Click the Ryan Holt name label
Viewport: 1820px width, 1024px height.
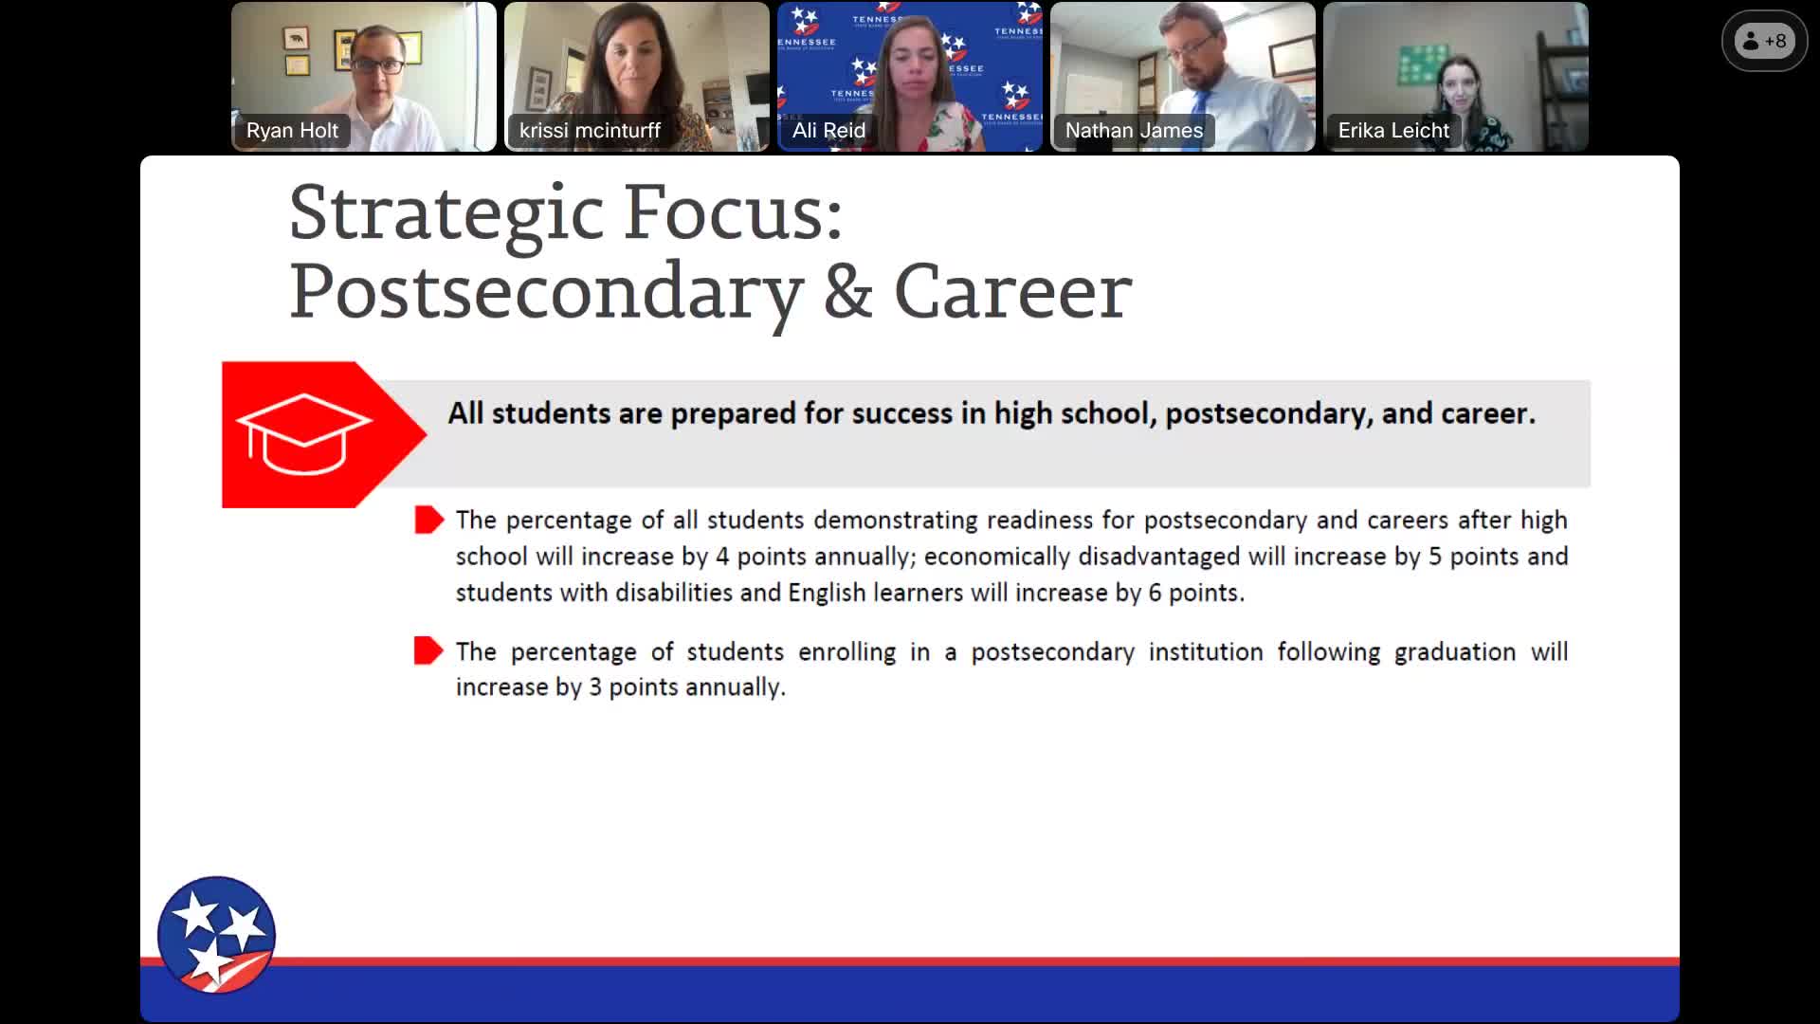click(x=292, y=131)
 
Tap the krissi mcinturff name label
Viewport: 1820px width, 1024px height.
click(x=590, y=131)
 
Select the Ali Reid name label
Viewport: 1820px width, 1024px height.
click(x=828, y=131)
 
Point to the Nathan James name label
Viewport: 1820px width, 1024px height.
click(x=1134, y=131)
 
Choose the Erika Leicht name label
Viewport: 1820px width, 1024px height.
click(x=1393, y=131)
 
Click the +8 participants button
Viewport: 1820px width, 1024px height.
click(x=1764, y=41)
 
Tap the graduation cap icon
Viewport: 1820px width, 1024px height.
click(x=303, y=433)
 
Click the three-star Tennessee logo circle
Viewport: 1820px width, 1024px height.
click(x=216, y=935)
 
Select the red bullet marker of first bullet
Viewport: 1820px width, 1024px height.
click(x=428, y=520)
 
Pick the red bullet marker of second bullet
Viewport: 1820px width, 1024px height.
click(x=428, y=650)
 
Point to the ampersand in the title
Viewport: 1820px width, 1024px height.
click(x=847, y=291)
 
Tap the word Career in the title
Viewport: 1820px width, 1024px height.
click(x=1012, y=291)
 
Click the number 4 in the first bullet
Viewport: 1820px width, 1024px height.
click(x=722, y=557)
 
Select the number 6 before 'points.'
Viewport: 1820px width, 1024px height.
click(x=1155, y=593)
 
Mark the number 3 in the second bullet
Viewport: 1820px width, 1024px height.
click(x=595, y=687)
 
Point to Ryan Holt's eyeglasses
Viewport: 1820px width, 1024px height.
click(x=379, y=65)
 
